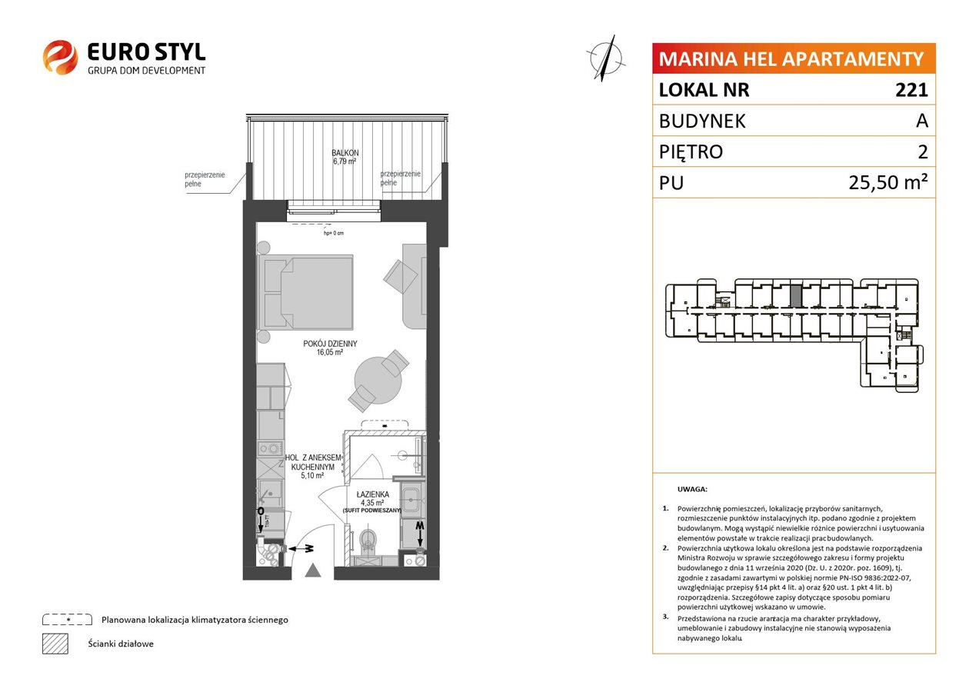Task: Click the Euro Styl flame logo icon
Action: coord(60,57)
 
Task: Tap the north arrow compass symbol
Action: coord(605,58)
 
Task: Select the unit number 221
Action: coord(911,90)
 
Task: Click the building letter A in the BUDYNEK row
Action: coord(922,121)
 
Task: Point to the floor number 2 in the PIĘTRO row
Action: coord(923,151)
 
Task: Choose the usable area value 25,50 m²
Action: coord(888,182)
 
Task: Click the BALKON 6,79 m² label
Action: coord(345,157)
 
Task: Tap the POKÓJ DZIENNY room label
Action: coord(330,348)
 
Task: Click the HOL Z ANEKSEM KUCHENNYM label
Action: coord(313,467)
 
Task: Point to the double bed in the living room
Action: coord(305,292)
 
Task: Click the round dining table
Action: coord(378,381)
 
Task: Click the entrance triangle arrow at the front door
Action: coord(313,570)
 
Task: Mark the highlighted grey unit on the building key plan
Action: coord(796,295)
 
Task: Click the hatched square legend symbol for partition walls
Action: coord(55,644)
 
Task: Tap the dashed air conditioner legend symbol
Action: coord(68,620)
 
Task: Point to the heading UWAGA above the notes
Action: coord(692,489)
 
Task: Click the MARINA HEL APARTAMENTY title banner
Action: coord(794,58)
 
